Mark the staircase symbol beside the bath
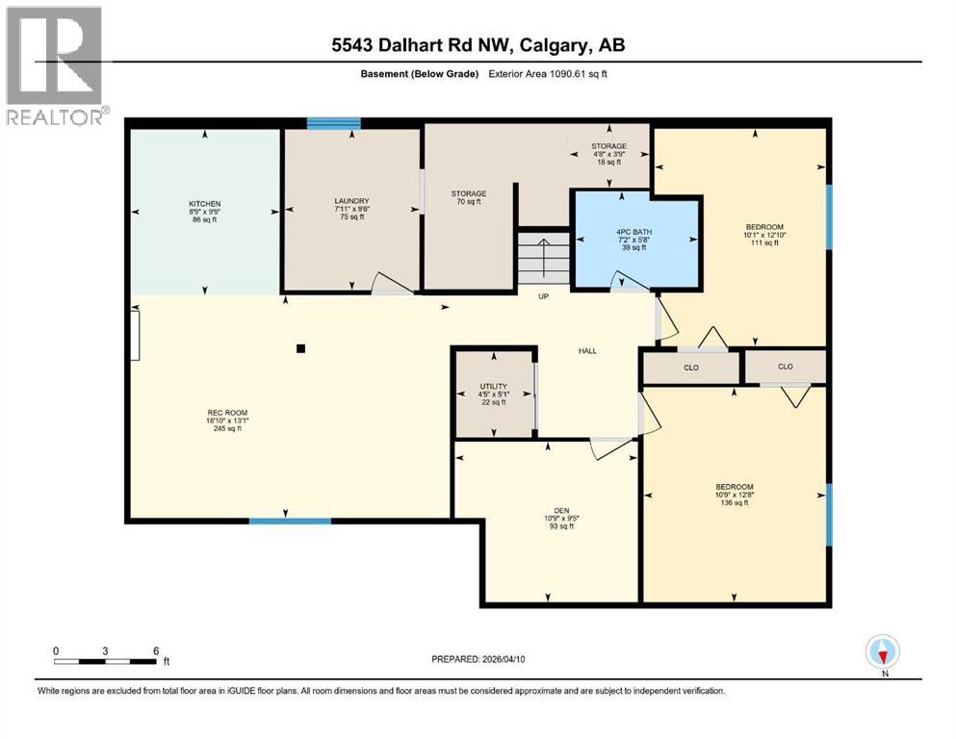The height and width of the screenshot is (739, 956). coord(544,257)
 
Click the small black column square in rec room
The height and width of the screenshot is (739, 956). coord(301,349)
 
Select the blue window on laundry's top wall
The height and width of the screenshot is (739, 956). coord(333,123)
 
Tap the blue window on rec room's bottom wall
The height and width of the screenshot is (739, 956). coord(290,521)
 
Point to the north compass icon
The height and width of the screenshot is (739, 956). coord(882,653)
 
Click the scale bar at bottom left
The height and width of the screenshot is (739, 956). coord(106,660)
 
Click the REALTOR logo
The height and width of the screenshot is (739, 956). coord(54,64)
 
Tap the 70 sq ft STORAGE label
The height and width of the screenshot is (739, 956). coord(468,197)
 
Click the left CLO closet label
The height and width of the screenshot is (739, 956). coord(690,367)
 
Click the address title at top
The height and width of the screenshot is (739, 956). coord(478,45)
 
